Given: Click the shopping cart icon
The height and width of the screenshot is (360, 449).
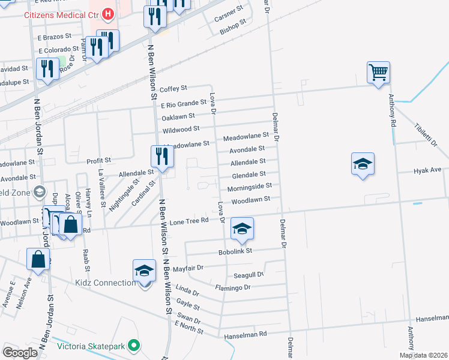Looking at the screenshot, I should [379, 73].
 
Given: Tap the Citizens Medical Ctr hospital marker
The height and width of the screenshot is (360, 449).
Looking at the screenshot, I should [108, 13].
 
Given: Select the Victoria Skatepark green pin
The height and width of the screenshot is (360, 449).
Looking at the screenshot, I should [134, 346].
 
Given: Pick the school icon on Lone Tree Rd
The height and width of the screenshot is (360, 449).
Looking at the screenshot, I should [242, 229].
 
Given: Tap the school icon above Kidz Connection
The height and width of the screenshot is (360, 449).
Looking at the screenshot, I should [145, 271].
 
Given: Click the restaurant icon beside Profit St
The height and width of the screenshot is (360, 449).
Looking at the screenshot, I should [161, 157].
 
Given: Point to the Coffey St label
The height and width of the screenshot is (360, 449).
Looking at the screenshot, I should [173, 88].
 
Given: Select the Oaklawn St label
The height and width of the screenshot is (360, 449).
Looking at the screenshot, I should [178, 116].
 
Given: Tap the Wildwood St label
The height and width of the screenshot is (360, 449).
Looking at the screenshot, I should [181, 129].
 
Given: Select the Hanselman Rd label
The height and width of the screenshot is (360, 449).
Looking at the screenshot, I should [244, 337].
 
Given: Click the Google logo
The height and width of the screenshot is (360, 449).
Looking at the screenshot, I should [20, 353].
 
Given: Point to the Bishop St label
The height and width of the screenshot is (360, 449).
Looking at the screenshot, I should [234, 26].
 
